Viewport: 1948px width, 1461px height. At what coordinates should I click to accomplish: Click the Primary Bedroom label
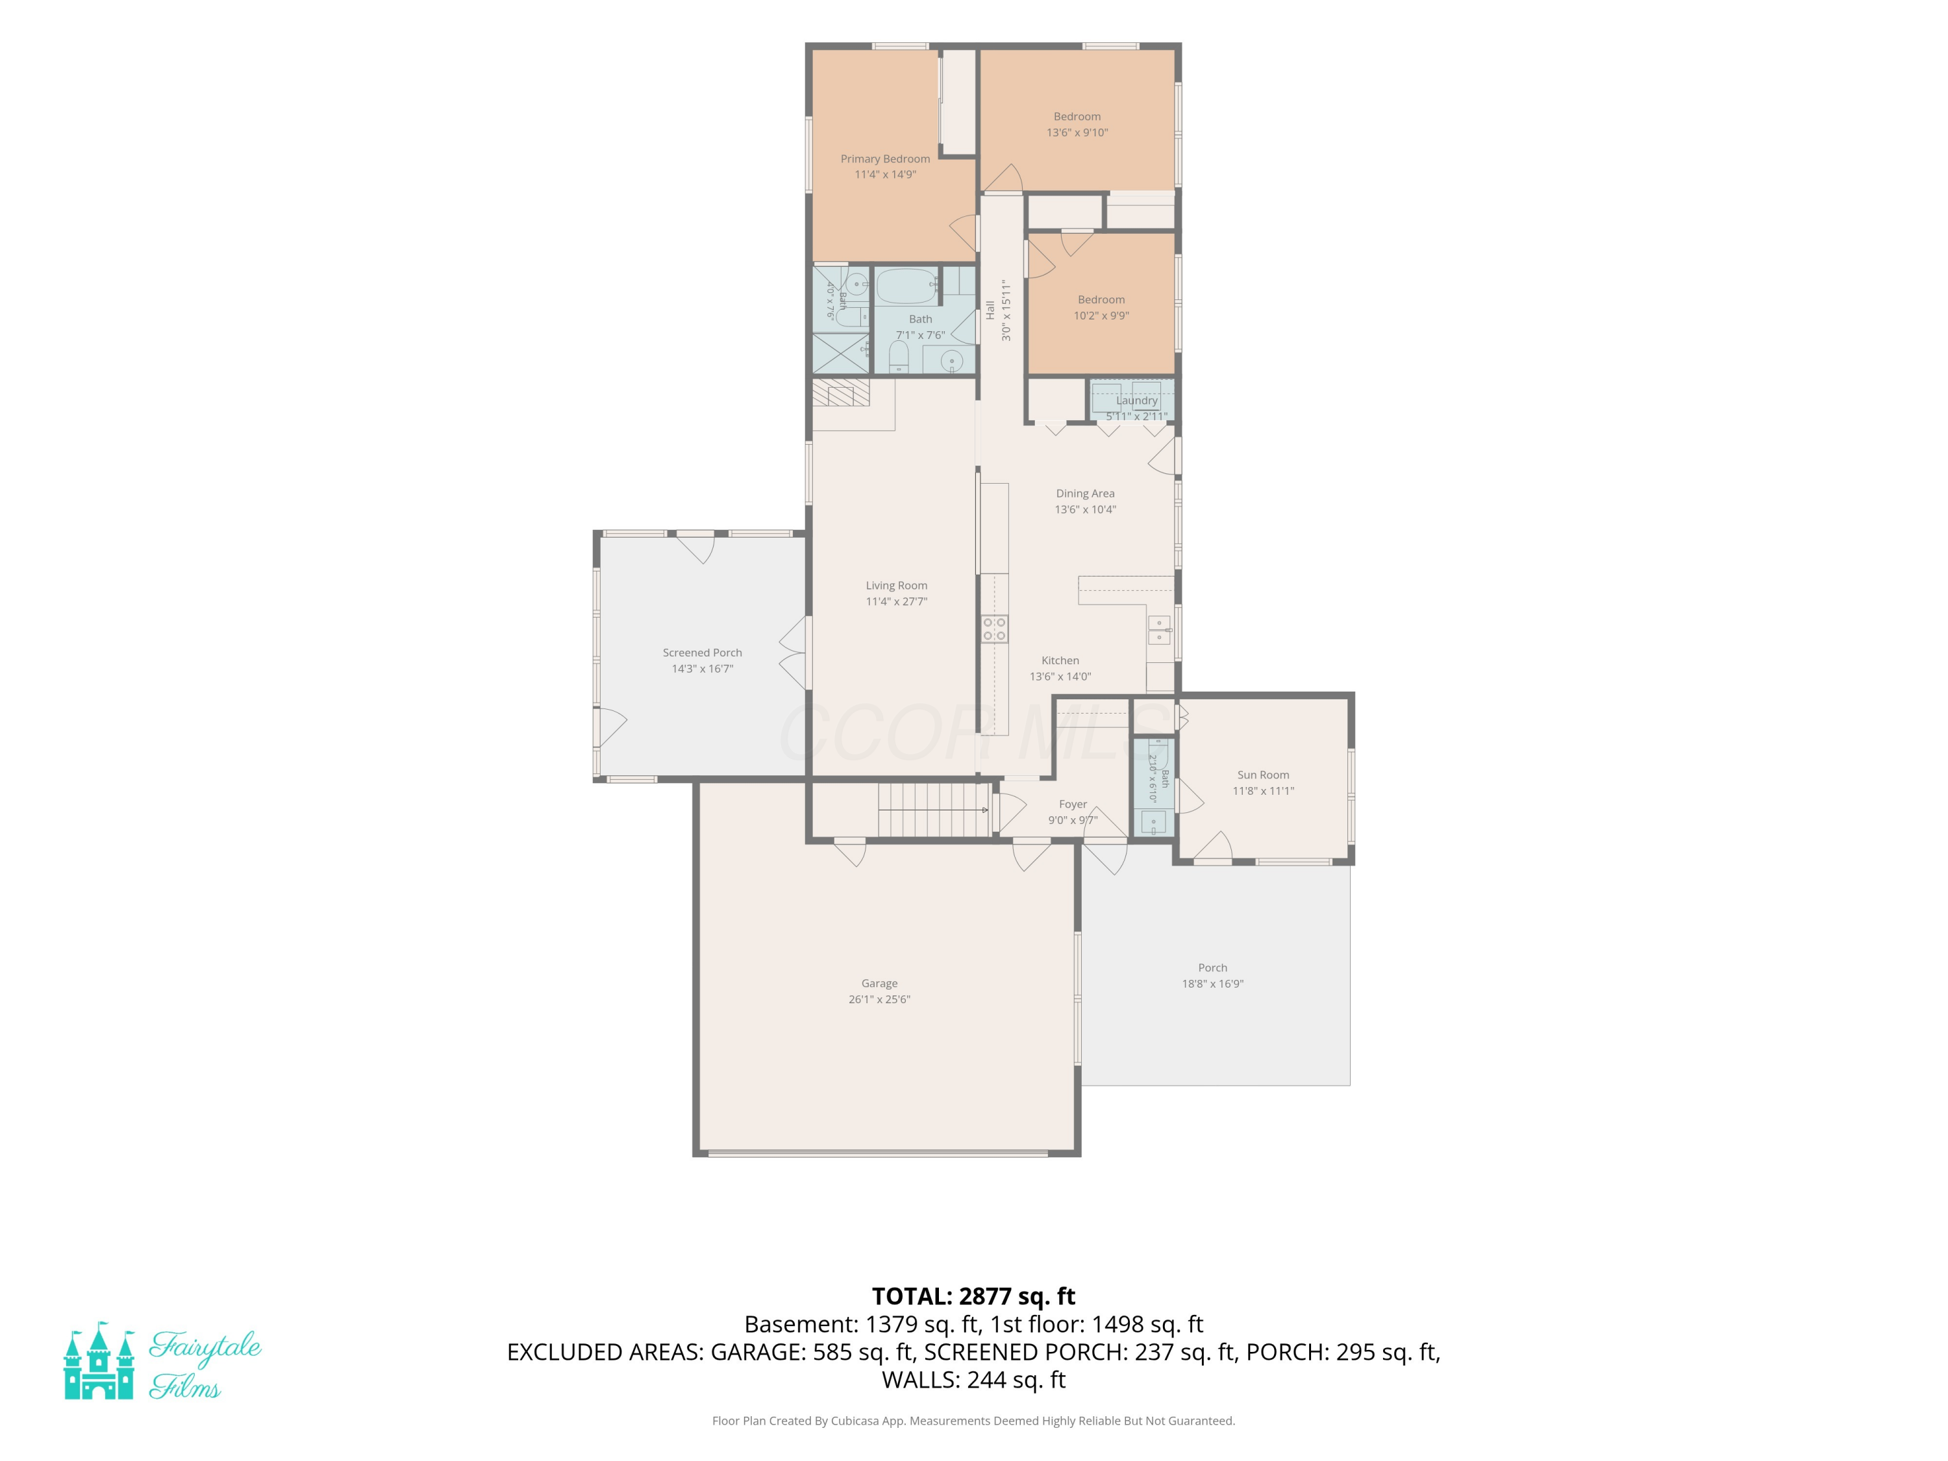point(885,158)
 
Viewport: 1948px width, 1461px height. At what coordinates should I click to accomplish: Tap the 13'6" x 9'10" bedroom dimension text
point(1077,132)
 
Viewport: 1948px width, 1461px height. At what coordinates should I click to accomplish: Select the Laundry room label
point(1137,400)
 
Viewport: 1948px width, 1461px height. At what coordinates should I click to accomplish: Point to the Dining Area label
point(1085,493)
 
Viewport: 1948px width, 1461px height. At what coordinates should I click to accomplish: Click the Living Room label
point(897,586)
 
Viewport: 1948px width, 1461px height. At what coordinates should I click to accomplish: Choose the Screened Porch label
point(702,653)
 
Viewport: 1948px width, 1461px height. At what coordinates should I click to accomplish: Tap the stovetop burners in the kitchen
point(994,629)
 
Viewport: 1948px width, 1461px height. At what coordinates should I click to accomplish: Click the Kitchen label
point(1060,660)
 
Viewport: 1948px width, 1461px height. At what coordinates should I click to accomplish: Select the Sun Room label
point(1263,775)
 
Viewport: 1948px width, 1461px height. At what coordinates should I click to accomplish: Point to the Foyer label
point(1073,804)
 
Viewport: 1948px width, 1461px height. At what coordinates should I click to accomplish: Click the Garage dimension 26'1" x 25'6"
point(879,999)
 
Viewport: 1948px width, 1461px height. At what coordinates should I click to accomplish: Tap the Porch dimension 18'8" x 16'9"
point(1213,984)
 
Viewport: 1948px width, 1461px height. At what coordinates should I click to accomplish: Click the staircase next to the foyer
point(934,809)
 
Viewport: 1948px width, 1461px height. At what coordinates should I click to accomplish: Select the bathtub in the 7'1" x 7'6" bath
point(906,285)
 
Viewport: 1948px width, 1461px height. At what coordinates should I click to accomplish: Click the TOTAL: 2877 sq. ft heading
point(973,1296)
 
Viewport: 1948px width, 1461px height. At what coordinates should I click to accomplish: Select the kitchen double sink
point(1159,630)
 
